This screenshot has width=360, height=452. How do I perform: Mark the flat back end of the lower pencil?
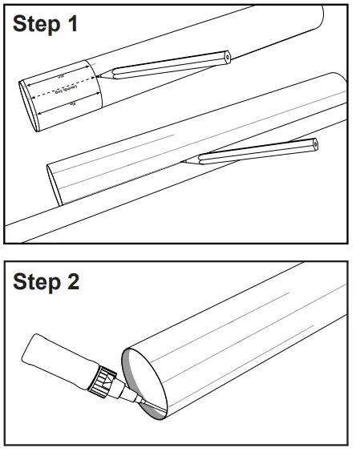314,145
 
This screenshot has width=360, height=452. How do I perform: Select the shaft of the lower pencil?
253,152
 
